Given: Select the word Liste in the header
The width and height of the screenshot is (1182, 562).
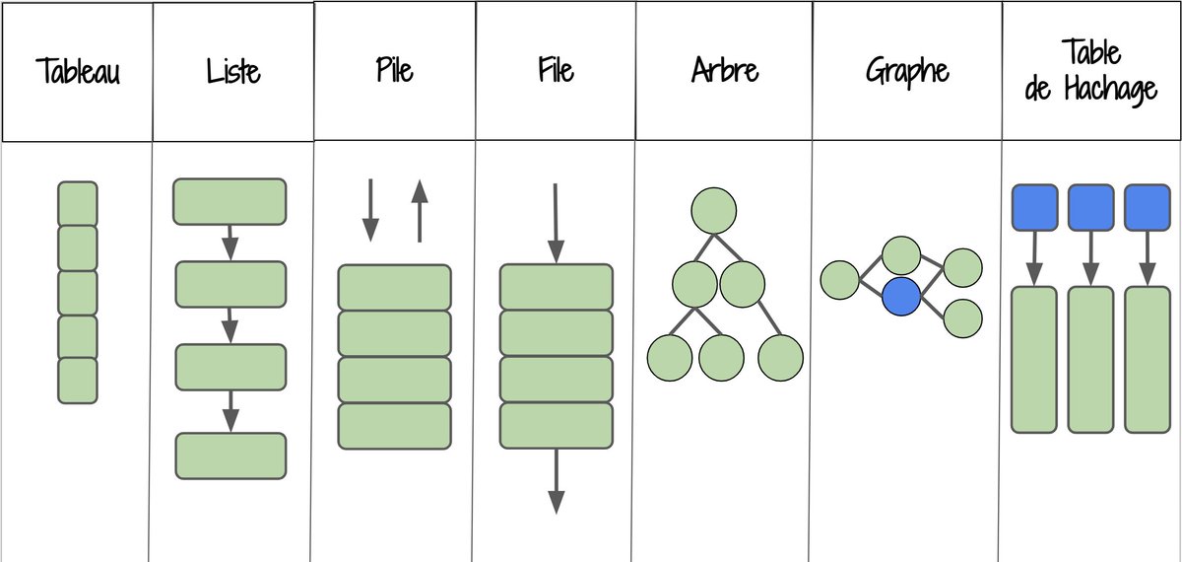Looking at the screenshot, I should pos(233,72).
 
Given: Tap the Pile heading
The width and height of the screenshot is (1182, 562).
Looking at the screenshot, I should pos(394,72).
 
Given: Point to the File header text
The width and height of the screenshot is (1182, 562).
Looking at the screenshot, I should pos(555,72).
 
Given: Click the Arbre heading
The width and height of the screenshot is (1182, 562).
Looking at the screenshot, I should pos(724,72).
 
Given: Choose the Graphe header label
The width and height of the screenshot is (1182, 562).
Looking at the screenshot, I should pos(907,72).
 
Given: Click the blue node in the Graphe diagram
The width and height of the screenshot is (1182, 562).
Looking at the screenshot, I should pos(900,296).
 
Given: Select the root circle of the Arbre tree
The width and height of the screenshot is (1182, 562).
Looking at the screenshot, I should pos(714,209).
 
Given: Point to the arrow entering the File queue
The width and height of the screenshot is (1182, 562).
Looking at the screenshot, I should pos(556,223).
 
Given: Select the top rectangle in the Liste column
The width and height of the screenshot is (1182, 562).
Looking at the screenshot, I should pos(230,202).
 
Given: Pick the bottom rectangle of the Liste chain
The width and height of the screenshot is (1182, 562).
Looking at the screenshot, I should pos(230,456).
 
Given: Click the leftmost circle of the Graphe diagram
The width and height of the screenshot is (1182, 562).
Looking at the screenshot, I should pos(839,279).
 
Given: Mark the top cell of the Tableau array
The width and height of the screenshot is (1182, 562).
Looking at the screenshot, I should pos(78,203).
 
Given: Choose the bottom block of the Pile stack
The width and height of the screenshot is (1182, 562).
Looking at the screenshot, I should pos(394,426).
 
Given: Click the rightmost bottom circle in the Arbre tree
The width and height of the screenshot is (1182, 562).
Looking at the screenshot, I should pos(781,358).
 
